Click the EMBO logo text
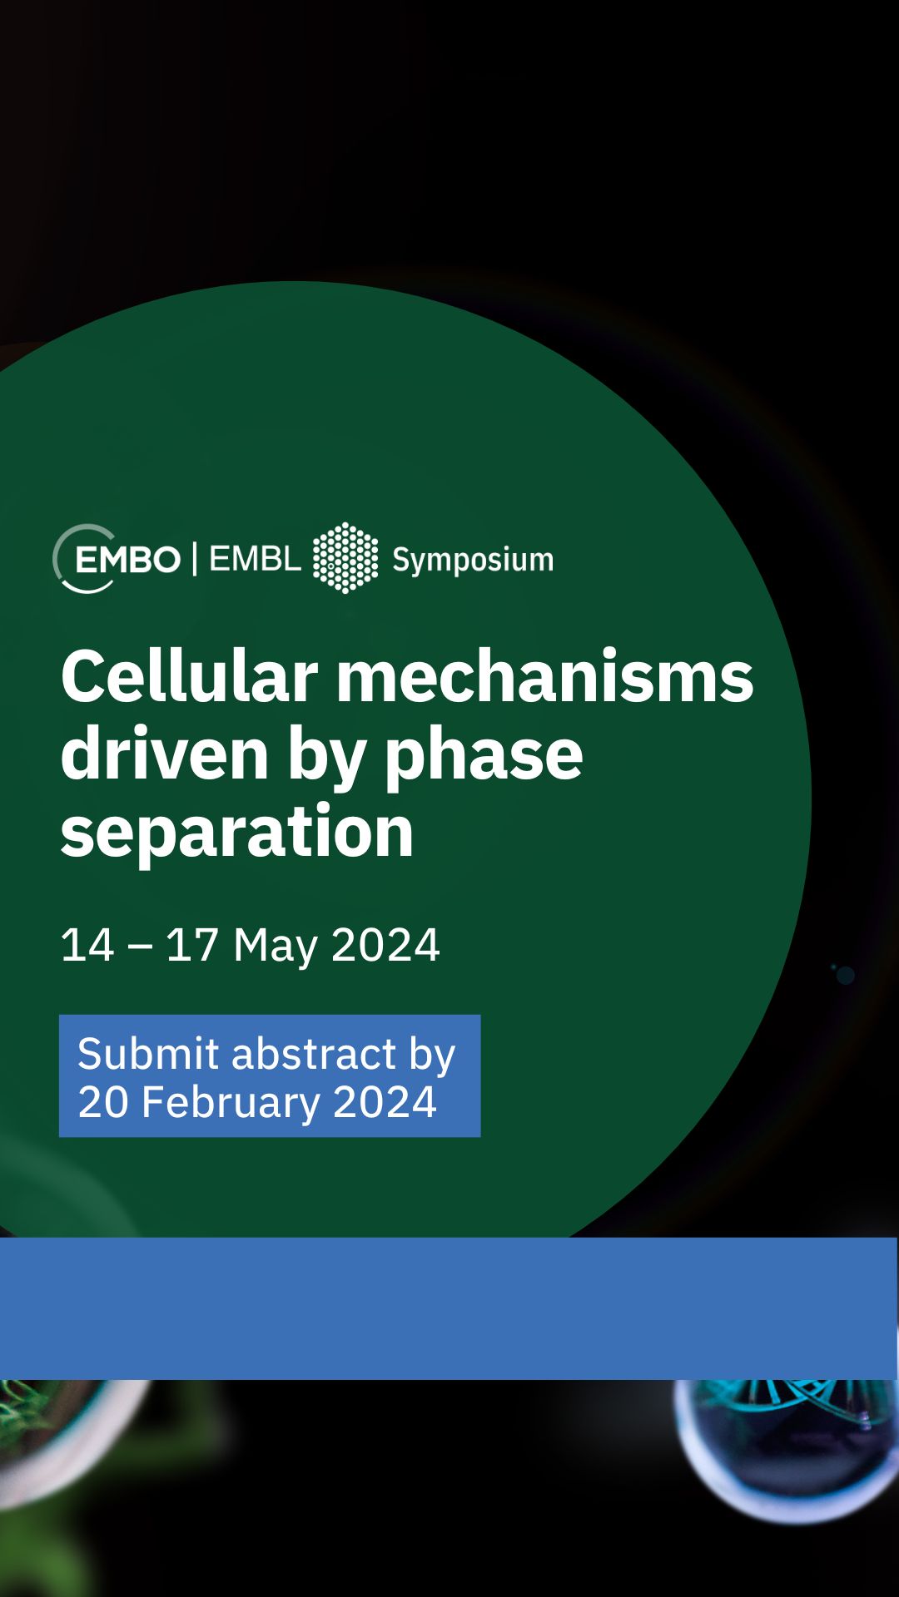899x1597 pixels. (127, 560)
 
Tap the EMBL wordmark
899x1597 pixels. (255, 559)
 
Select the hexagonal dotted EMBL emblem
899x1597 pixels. (345, 558)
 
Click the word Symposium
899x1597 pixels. (473, 561)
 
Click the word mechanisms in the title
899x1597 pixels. (544, 676)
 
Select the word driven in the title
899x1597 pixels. (165, 754)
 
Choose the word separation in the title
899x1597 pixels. (237, 833)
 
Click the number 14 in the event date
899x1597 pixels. (87, 945)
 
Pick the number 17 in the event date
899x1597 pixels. (192, 945)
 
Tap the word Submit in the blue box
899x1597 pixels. (149, 1054)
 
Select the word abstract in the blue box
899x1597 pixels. (314, 1054)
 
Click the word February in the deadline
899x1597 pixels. (231, 1104)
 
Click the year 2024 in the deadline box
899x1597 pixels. (385, 1102)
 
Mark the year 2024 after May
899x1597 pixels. (385, 945)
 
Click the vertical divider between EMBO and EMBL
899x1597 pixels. (195, 559)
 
